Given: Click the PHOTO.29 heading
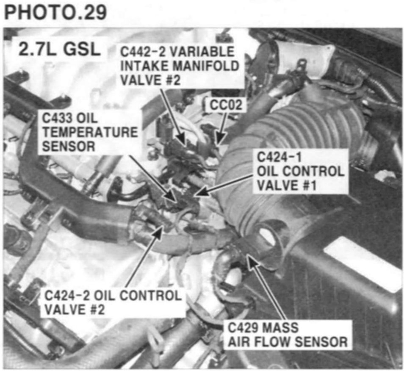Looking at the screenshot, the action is pyautogui.click(x=55, y=12).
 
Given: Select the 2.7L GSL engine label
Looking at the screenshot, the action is pyautogui.click(x=60, y=49).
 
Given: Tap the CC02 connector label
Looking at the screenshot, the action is pyautogui.click(x=226, y=105).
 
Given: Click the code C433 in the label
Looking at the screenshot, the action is pyautogui.click(x=57, y=119).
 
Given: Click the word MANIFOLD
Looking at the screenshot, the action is pyautogui.click(x=206, y=66).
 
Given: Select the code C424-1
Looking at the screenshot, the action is pyautogui.click(x=279, y=157).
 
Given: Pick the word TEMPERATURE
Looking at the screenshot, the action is pyautogui.click(x=90, y=133).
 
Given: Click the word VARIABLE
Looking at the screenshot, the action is pyautogui.click(x=202, y=52).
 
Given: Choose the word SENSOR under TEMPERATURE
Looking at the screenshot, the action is pyautogui.click(x=69, y=147).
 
